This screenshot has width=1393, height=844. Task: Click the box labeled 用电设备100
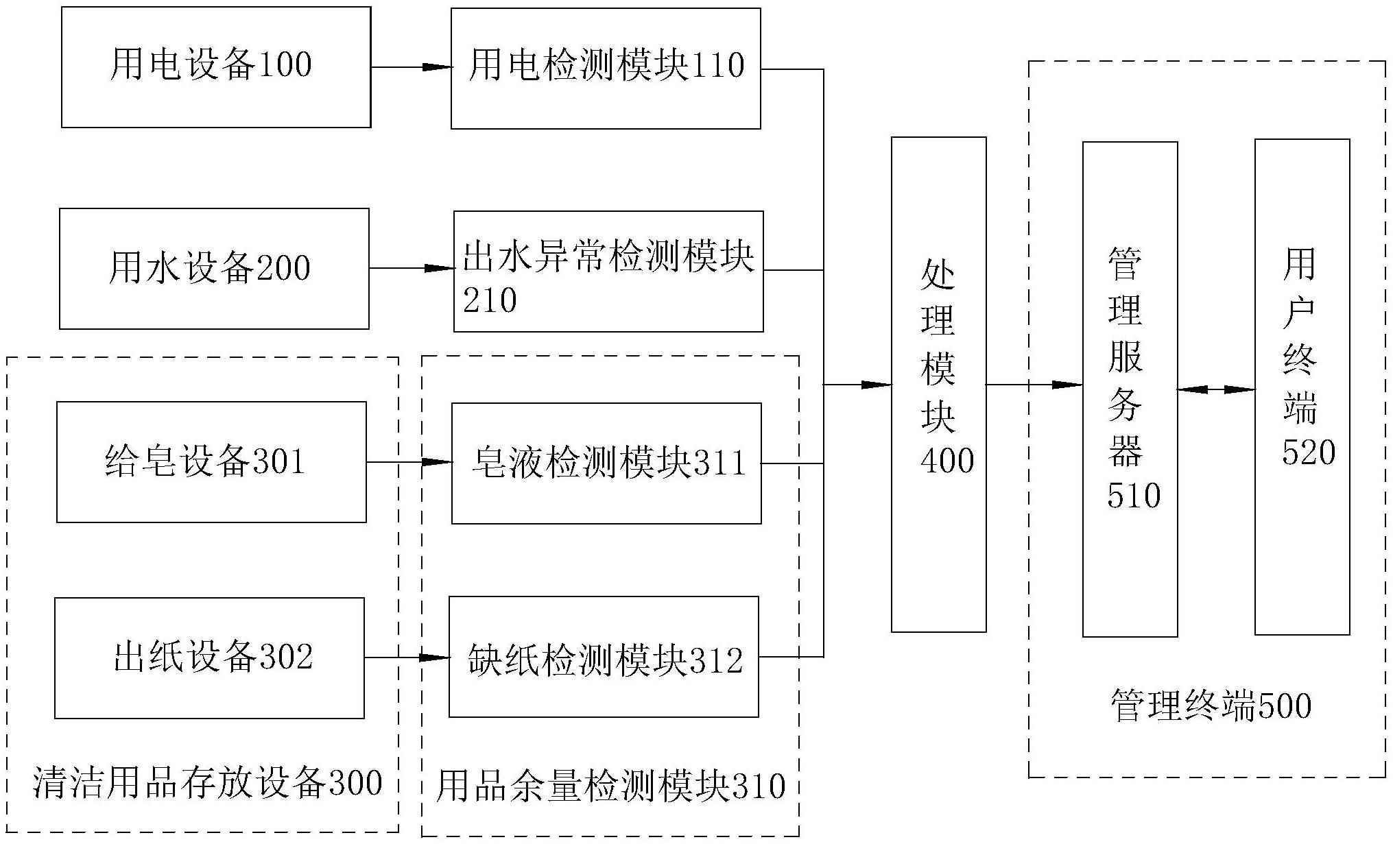click(x=216, y=67)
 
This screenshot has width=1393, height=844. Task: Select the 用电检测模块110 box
click(x=606, y=68)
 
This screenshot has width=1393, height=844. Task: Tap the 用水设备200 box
click(x=214, y=269)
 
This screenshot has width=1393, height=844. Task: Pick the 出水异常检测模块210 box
click(x=608, y=272)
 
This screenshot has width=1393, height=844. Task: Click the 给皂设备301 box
click(x=211, y=462)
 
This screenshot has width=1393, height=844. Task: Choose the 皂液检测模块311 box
click(x=606, y=463)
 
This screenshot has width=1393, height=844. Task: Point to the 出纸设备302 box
click(x=209, y=658)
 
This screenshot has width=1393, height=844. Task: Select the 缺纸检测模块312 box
click(x=604, y=657)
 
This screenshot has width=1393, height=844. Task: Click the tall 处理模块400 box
click(x=938, y=384)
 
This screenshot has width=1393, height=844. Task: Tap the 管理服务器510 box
click(x=1130, y=389)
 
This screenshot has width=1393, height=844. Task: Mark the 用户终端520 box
click(x=1302, y=387)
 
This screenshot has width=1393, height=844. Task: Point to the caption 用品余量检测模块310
click(x=610, y=786)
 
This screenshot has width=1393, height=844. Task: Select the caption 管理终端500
click(x=1211, y=706)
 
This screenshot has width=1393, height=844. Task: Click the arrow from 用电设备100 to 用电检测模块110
click(x=411, y=67)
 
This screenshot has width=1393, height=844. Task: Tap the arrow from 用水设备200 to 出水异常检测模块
click(x=412, y=268)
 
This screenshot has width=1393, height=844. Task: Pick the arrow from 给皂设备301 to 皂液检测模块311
click(x=409, y=462)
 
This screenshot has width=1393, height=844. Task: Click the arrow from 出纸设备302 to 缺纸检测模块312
click(x=407, y=658)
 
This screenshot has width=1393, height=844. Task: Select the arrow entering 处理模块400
click(x=857, y=385)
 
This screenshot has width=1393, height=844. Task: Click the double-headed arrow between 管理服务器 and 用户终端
click(x=1216, y=389)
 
